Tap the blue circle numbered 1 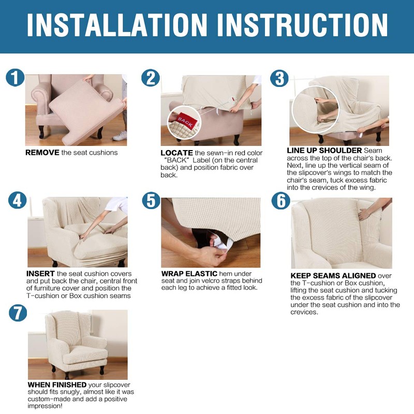(x=15, y=78)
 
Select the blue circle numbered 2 (x=151, y=78)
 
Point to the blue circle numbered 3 (x=279, y=79)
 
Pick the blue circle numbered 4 (x=18, y=200)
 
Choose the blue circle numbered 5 (x=151, y=200)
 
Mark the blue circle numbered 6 (x=281, y=200)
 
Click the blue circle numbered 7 (x=18, y=313)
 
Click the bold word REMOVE (x=42, y=153)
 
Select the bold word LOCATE (x=176, y=153)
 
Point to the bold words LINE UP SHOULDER (x=324, y=151)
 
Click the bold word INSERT (x=40, y=274)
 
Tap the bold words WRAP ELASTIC (x=189, y=274)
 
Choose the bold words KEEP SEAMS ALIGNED (x=333, y=276)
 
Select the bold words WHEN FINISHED (x=57, y=385)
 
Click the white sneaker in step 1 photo (x=120, y=136)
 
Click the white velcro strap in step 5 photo (x=222, y=244)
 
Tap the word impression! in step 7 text (x=45, y=406)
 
